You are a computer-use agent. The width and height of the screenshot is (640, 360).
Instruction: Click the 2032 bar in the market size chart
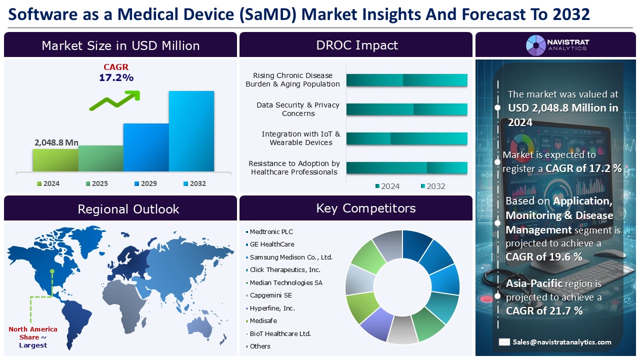[x=191, y=131]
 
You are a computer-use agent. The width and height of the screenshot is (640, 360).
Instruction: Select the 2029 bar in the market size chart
[x=145, y=147]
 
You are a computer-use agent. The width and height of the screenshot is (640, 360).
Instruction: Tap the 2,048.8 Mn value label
[x=56, y=142]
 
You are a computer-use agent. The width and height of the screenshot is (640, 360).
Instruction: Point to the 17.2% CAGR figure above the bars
[x=116, y=77]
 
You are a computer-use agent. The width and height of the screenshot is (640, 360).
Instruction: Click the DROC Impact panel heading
[x=356, y=45]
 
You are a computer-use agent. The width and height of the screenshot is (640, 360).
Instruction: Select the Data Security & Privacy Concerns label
[x=297, y=109]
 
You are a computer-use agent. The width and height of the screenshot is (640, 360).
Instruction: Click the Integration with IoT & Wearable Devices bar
[x=406, y=138]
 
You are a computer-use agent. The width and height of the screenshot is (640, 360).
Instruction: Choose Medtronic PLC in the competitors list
[x=271, y=231]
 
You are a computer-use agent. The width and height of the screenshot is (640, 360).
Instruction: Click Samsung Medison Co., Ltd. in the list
[x=290, y=257]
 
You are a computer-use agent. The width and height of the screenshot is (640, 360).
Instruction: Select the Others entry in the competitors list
[x=259, y=346]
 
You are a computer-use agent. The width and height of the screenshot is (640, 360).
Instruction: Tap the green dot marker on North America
[x=52, y=272]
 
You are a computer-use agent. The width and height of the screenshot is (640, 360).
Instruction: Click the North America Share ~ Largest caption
[x=33, y=337]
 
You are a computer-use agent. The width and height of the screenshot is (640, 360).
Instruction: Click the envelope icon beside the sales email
[x=504, y=342]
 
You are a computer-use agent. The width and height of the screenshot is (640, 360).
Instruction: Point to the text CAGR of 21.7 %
[x=544, y=310]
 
